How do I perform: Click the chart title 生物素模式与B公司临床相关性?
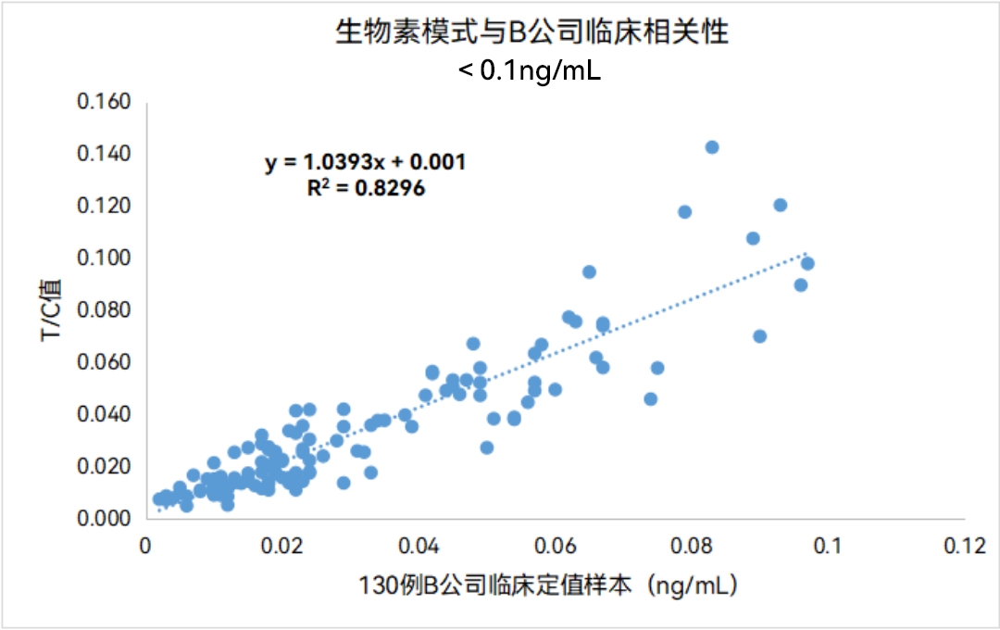(531, 33)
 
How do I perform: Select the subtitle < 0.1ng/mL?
(530, 70)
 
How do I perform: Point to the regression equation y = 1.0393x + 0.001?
(365, 162)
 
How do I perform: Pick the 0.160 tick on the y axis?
(104, 100)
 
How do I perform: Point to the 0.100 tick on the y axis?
(104, 257)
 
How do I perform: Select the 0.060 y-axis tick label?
(104, 360)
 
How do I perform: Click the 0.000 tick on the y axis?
(104, 517)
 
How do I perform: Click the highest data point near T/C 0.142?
(712, 147)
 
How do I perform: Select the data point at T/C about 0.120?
(780, 205)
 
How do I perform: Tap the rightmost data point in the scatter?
(807, 263)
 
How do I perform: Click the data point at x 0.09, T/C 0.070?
(759, 335)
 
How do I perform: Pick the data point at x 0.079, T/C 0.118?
(685, 211)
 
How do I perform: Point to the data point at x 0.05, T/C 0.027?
(487, 447)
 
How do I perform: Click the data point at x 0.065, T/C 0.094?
(589, 271)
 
